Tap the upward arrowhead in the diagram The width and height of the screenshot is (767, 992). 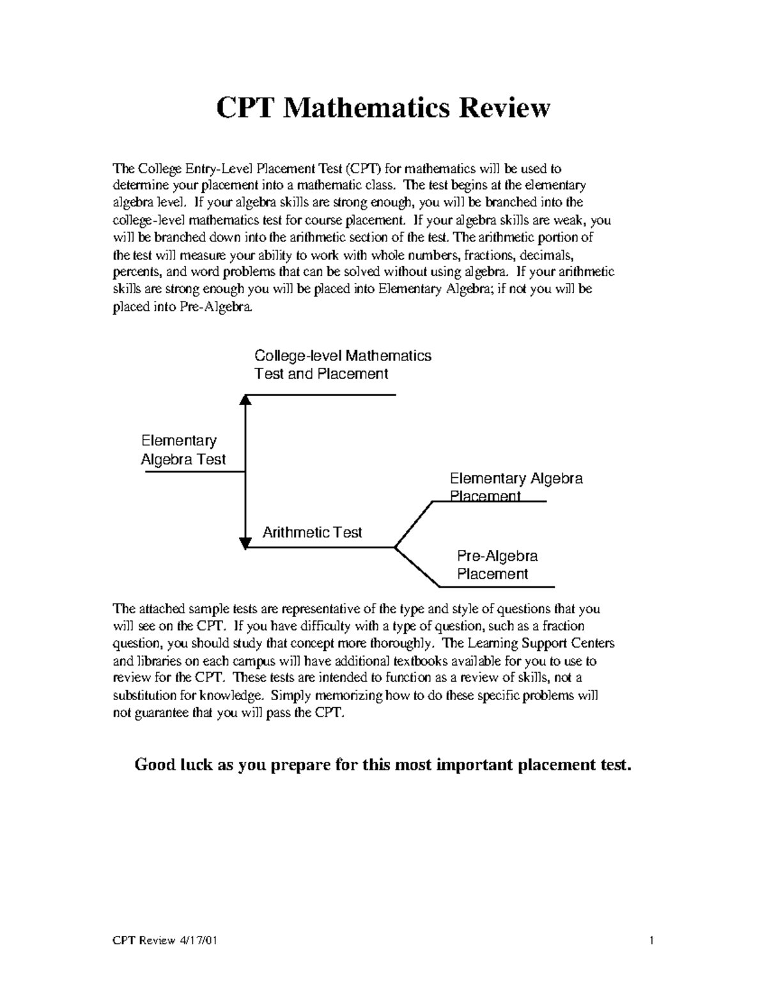pos(245,400)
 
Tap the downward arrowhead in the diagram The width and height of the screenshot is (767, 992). pos(245,543)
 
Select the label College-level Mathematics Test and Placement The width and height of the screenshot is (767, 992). pos(343,365)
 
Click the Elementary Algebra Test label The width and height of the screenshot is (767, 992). pos(183,450)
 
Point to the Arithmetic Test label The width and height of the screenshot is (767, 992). pos(312,532)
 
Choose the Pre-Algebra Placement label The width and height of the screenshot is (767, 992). pos(497,565)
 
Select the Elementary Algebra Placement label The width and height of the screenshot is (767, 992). pos(515,487)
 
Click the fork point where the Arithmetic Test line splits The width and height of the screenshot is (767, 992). pos(395,547)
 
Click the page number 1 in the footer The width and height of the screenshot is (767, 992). pos(651,940)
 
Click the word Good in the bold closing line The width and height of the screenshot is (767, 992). pos(154,765)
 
